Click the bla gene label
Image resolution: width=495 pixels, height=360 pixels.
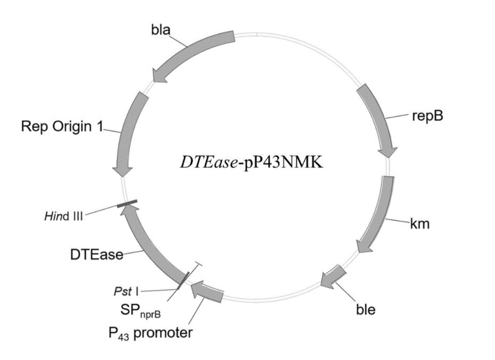[161, 30]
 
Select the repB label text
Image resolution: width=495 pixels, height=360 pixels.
[427, 116]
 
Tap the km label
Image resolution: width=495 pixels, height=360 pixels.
[420, 223]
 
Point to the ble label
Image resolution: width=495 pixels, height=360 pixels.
[366, 309]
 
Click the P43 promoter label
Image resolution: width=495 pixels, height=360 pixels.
[150, 333]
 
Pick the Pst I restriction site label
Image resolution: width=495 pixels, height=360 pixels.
[126, 291]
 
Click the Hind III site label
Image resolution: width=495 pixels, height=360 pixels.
[64, 216]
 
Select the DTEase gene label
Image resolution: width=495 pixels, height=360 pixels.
[97, 255]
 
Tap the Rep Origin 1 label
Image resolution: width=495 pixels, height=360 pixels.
[62, 127]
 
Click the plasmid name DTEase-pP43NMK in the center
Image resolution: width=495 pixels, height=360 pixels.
[251, 163]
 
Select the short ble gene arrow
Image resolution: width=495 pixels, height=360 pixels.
[333, 277]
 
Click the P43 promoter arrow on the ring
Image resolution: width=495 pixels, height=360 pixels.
[207, 292]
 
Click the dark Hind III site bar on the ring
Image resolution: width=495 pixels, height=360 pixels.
[127, 203]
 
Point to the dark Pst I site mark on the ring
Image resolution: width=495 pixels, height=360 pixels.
[184, 280]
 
